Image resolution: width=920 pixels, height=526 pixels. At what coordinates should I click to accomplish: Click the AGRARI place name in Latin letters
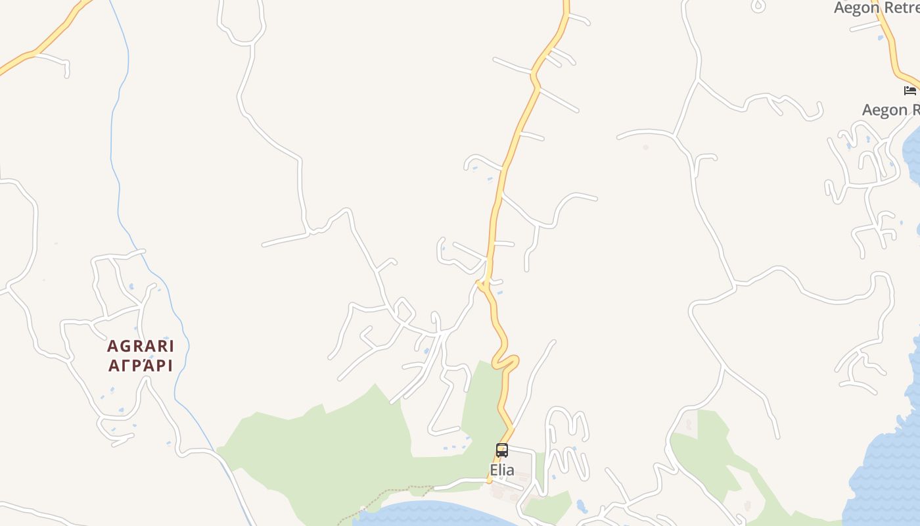[141, 346]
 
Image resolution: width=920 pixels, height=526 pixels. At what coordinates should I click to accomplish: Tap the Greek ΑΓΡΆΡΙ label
[141, 366]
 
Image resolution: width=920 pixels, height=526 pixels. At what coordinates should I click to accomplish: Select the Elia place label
[502, 470]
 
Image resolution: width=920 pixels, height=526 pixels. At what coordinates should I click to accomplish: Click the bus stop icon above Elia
[502, 450]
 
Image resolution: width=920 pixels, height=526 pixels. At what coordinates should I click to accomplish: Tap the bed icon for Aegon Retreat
[910, 90]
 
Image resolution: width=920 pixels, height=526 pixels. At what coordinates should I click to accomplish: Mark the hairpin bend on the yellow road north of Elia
[506, 362]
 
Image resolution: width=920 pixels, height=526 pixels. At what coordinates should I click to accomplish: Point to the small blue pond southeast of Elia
[581, 506]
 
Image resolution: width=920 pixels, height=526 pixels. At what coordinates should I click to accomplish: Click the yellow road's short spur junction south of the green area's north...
[482, 284]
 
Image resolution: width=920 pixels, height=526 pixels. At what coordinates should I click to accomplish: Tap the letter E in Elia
[494, 470]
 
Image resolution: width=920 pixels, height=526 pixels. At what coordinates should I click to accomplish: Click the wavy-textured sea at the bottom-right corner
[887, 473]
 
